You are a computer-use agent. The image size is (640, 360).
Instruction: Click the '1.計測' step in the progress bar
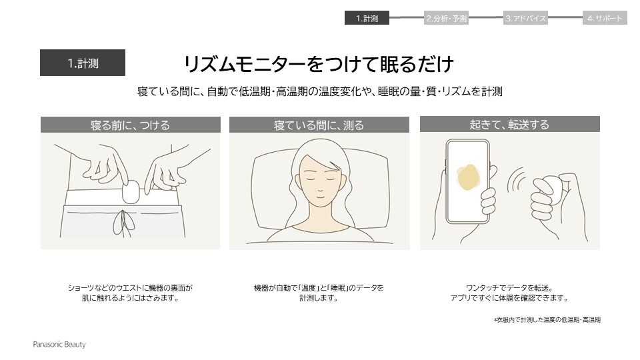coord(367,19)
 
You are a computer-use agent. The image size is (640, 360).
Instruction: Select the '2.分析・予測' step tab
coord(446,19)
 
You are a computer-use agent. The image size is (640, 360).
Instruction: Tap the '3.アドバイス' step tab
coord(525,19)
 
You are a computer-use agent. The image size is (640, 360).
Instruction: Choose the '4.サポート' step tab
coord(605,19)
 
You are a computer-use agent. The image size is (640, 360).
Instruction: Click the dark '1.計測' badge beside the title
coord(83,63)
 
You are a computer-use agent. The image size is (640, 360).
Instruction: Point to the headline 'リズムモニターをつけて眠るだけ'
coord(319,64)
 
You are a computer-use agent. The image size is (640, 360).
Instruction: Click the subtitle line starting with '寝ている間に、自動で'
coord(319,91)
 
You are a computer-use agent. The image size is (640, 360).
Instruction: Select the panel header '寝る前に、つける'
coord(130,125)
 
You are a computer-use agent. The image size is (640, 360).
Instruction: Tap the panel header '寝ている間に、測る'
coord(319,125)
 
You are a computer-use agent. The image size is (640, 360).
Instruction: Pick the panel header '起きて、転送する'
coord(509,125)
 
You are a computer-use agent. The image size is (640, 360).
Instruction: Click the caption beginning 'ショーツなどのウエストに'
coord(130,293)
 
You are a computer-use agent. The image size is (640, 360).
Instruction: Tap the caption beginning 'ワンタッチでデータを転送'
coord(509,293)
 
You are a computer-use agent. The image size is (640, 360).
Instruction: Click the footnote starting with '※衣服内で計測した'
coord(547,320)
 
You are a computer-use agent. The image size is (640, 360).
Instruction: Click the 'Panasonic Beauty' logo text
coord(59,345)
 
